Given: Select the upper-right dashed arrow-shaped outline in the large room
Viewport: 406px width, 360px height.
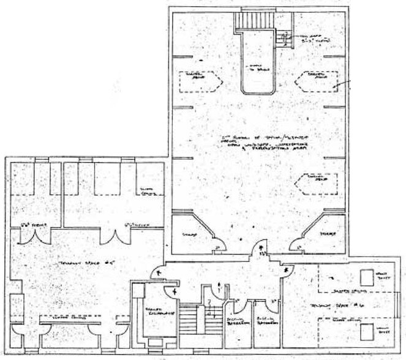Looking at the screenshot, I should coord(318,80).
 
